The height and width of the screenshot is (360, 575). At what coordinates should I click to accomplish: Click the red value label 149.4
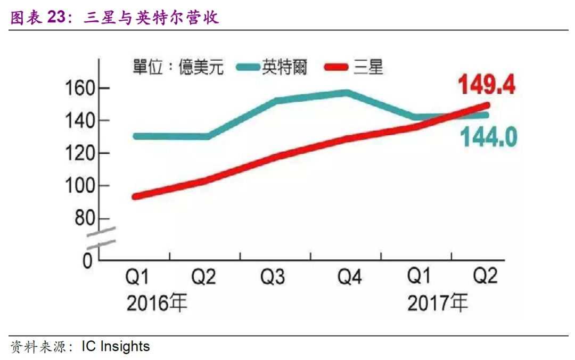click(487, 85)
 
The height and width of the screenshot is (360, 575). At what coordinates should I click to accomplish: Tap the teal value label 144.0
click(488, 137)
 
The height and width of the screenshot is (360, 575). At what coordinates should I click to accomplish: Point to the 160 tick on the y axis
click(79, 88)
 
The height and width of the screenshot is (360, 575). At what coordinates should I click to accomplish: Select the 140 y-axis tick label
click(79, 121)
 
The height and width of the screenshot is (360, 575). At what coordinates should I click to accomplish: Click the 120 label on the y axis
click(79, 153)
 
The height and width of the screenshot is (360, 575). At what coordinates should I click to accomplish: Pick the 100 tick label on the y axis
click(79, 186)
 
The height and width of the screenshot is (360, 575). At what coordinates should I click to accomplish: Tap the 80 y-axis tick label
click(85, 219)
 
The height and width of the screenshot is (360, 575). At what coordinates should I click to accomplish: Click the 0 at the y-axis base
click(88, 261)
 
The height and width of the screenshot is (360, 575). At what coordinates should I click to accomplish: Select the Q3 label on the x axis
click(273, 277)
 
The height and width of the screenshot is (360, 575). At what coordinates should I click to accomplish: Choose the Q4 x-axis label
click(350, 277)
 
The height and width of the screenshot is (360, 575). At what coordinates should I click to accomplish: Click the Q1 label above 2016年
click(137, 277)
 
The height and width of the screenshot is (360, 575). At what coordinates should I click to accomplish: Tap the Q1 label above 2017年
click(420, 276)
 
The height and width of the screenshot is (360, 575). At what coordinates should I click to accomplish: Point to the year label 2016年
click(157, 304)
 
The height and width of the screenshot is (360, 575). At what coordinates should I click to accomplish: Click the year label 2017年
click(438, 303)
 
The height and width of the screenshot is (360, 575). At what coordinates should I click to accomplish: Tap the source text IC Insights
click(116, 347)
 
